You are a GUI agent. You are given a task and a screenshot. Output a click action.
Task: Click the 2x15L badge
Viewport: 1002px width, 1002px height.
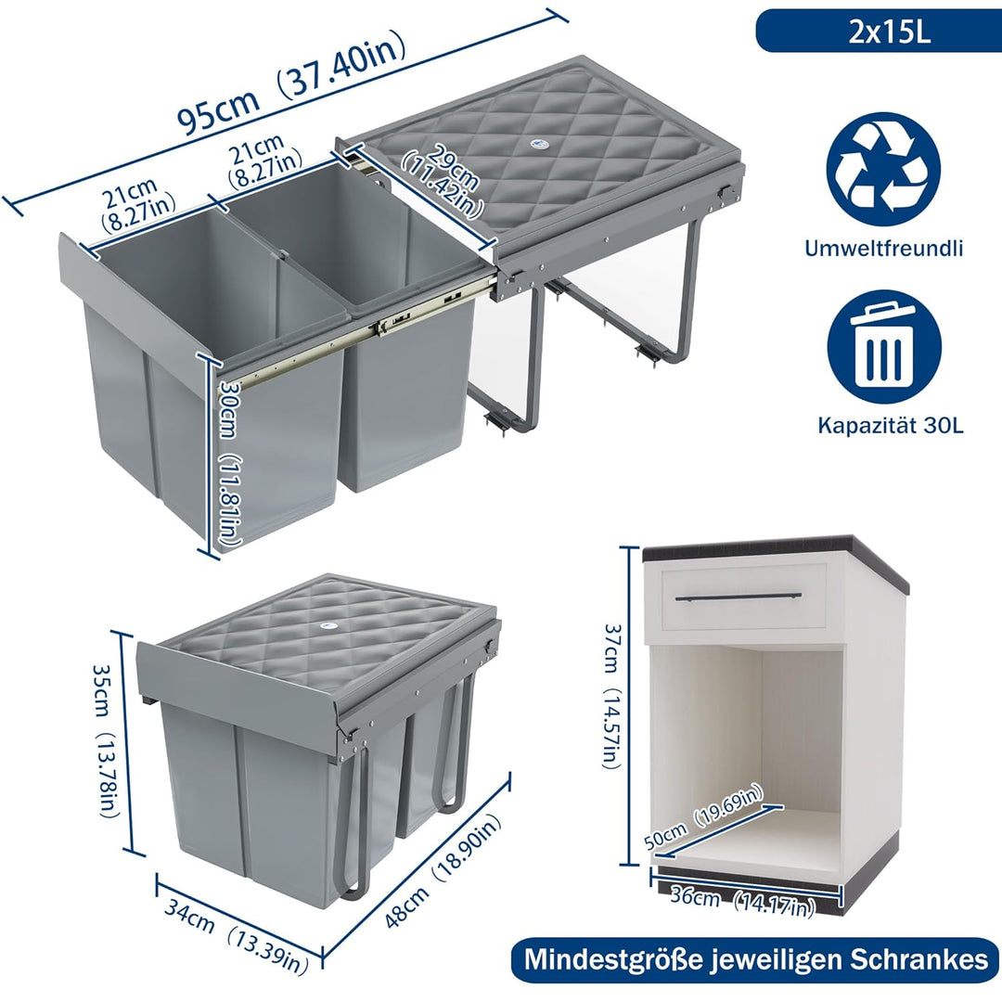click(x=879, y=31)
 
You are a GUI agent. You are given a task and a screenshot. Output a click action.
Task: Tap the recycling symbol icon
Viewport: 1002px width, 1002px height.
click(x=883, y=170)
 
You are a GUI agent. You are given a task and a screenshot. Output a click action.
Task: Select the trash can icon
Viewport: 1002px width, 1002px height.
click(x=884, y=347)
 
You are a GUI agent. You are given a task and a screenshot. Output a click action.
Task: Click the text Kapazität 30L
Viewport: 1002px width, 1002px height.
click(x=891, y=426)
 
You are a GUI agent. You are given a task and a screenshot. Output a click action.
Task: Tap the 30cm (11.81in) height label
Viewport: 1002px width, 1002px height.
click(x=230, y=463)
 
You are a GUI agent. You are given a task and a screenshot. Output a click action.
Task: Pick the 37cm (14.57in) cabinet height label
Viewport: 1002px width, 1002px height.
click(x=611, y=696)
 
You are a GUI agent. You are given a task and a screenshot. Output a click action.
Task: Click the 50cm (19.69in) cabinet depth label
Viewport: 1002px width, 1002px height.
click(x=703, y=817)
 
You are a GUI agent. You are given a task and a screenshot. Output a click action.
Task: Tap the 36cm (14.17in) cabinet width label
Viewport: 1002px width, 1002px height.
click(x=742, y=902)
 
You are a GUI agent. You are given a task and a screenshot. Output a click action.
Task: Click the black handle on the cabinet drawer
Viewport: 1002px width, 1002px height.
click(x=739, y=597)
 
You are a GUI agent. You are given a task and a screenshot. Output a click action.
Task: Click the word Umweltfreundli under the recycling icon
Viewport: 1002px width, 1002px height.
click(x=884, y=248)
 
